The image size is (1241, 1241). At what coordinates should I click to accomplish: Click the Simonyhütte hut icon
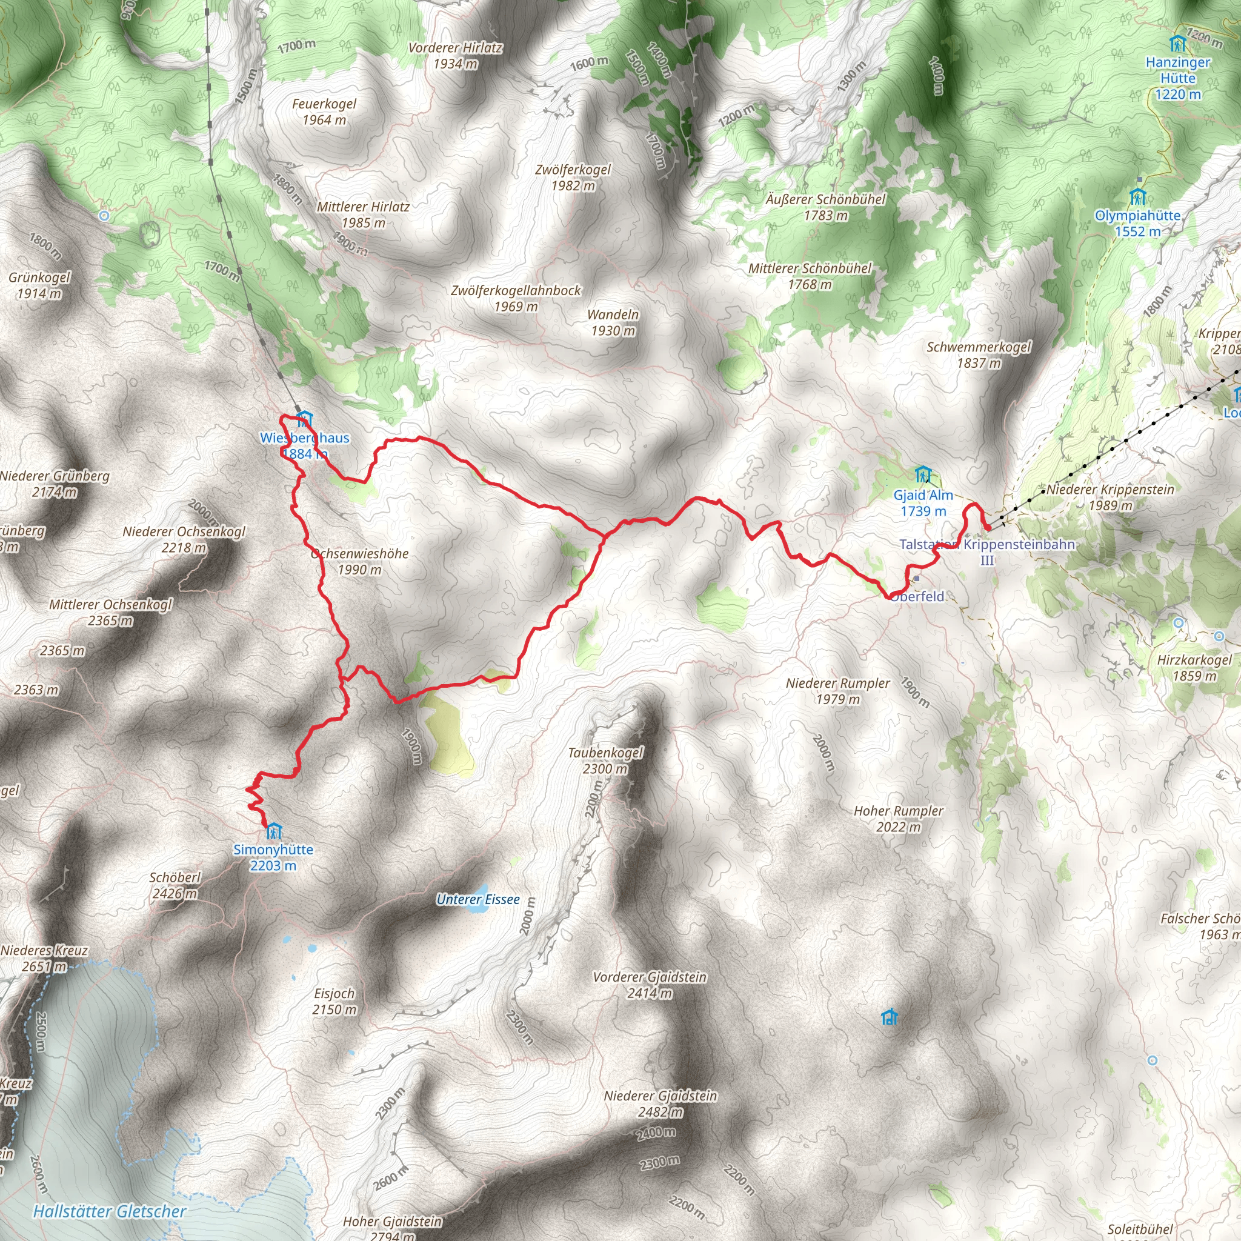click(274, 831)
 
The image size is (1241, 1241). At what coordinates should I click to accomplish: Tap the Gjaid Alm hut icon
click(922, 474)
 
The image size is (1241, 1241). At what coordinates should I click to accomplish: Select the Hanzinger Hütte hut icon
click(1177, 44)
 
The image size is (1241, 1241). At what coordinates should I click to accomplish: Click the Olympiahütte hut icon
click(1137, 196)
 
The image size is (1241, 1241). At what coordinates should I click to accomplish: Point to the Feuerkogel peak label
click(324, 111)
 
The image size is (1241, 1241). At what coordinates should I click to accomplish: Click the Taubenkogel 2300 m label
click(605, 760)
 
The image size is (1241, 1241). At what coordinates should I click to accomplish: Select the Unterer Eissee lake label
click(478, 899)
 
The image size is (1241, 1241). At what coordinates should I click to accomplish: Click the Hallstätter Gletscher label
click(109, 1211)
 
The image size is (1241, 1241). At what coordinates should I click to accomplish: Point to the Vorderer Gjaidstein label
click(650, 985)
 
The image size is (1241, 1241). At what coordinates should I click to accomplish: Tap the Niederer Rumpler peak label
click(837, 691)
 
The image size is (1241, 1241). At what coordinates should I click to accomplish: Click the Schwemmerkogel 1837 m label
click(978, 354)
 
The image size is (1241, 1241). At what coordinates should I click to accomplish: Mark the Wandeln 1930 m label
click(613, 322)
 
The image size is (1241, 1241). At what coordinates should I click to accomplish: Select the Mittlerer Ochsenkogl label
click(110, 612)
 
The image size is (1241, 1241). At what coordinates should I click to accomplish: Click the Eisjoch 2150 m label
click(334, 1001)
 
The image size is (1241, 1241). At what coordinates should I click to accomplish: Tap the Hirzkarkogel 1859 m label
click(1194, 667)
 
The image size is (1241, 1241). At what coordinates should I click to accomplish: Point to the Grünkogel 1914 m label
click(39, 285)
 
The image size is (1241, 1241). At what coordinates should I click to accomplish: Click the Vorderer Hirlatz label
click(455, 55)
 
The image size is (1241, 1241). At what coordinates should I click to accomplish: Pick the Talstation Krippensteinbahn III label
click(986, 552)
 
